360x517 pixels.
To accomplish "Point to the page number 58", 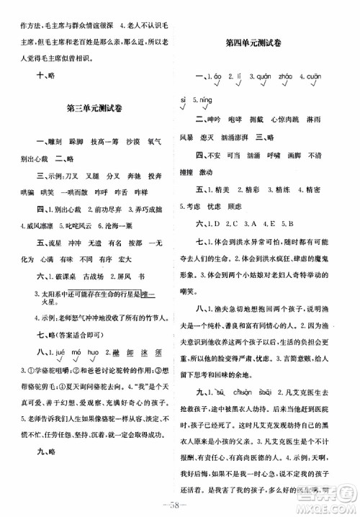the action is pyautogui.click(x=181, y=503).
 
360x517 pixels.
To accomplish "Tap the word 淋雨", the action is pyautogui.click(x=328, y=118).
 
